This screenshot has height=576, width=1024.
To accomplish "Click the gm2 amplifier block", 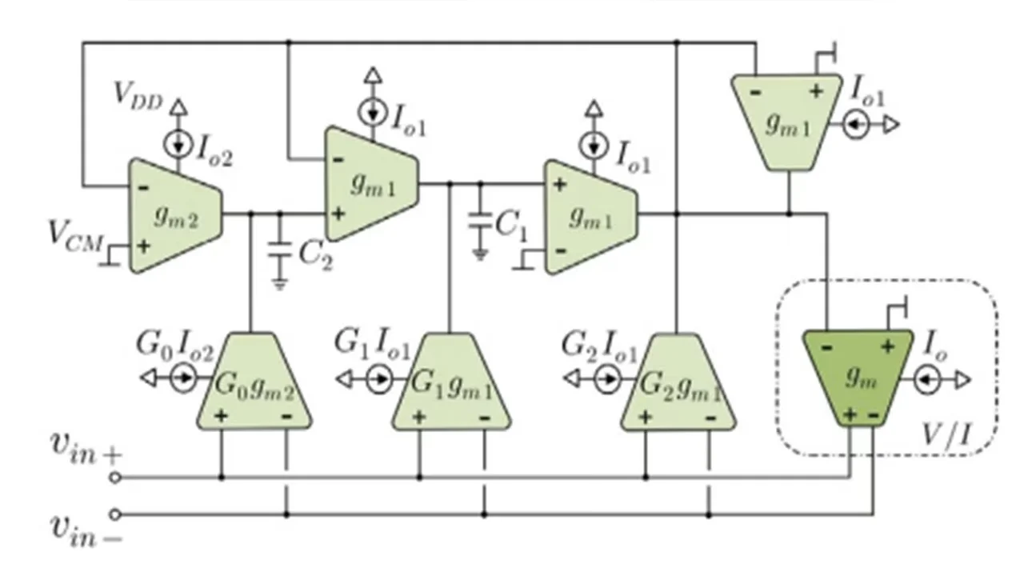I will click(174, 216).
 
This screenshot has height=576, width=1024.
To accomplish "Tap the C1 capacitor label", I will click(511, 225).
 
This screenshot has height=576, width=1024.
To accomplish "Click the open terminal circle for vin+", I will click(115, 478).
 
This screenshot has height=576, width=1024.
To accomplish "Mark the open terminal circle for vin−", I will click(115, 514).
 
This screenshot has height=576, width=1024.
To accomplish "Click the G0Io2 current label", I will click(174, 346).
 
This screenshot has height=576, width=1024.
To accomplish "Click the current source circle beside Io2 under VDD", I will click(178, 143).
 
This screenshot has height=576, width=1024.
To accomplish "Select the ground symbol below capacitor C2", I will click(279, 282).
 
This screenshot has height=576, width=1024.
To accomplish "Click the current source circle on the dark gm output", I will click(928, 379).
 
